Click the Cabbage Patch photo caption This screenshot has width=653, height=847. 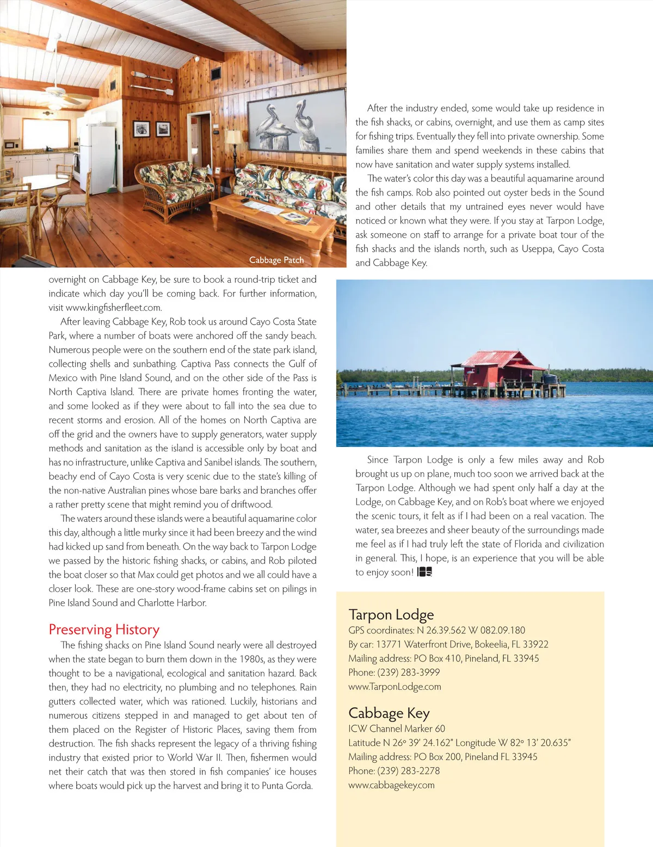tap(276, 260)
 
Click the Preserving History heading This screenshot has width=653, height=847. tap(104, 630)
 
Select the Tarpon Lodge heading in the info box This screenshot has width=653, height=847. tap(391, 615)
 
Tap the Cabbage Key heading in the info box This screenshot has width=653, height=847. tap(389, 713)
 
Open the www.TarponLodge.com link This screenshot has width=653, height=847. tap(395, 687)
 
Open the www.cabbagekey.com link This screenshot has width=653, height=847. tap(391, 785)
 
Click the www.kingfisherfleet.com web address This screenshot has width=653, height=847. tap(113, 308)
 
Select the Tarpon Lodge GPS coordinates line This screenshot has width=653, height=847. tap(436, 631)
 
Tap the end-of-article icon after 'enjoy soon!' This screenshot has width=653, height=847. tap(424, 572)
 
